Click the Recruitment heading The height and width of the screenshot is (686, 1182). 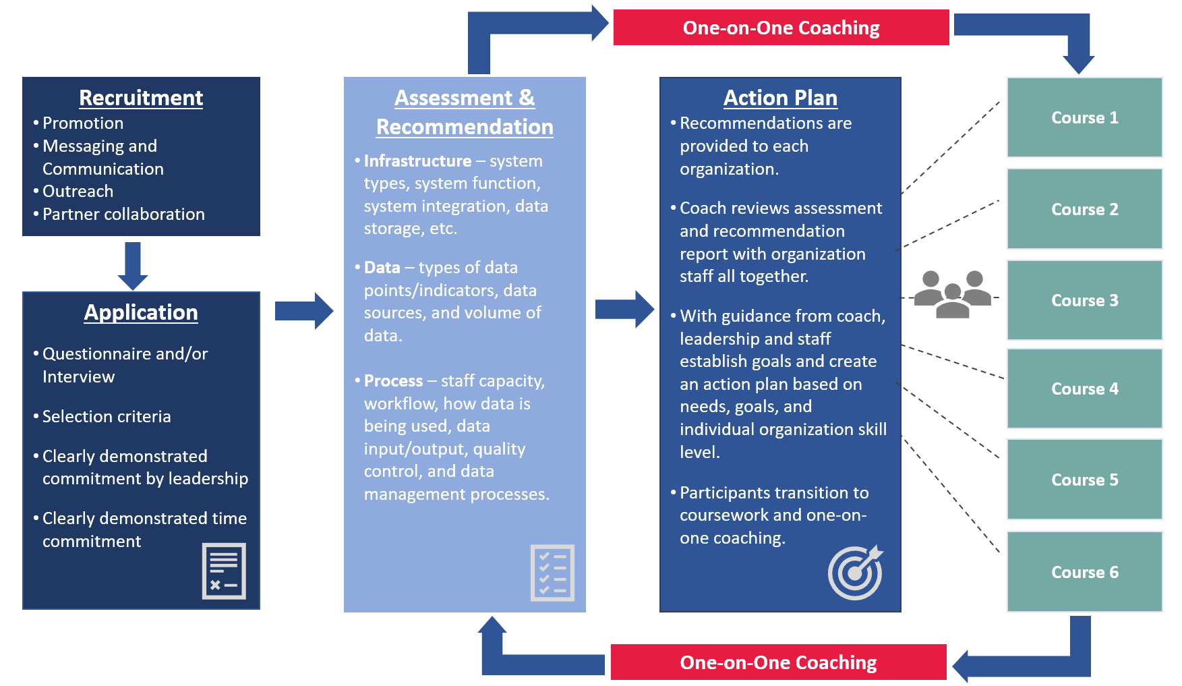[141, 98]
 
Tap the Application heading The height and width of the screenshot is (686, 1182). [141, 312]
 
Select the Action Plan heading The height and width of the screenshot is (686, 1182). [780, 98]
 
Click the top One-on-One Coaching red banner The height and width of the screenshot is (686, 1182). [781, 28]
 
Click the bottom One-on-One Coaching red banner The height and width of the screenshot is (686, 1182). [778, 662]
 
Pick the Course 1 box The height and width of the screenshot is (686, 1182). [1084, 117]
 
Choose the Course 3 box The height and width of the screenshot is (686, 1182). [1084, 300]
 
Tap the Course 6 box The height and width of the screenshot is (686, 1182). [1084, 572]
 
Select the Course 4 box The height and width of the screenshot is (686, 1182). [1084, 389]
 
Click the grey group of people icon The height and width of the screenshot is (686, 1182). [952, 294]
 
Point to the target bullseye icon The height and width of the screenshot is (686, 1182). [855, 573]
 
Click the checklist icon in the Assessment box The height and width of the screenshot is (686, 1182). [552, 573]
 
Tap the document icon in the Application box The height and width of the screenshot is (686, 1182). [224, 571]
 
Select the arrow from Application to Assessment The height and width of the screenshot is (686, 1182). [304, 311]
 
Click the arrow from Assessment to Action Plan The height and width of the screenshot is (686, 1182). [624, 310]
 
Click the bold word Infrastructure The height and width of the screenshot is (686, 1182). [417, 161]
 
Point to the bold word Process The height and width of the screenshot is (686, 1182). [393, 381]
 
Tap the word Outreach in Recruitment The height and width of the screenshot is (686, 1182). [78, 192]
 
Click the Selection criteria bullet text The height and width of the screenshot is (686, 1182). [107, 417]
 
